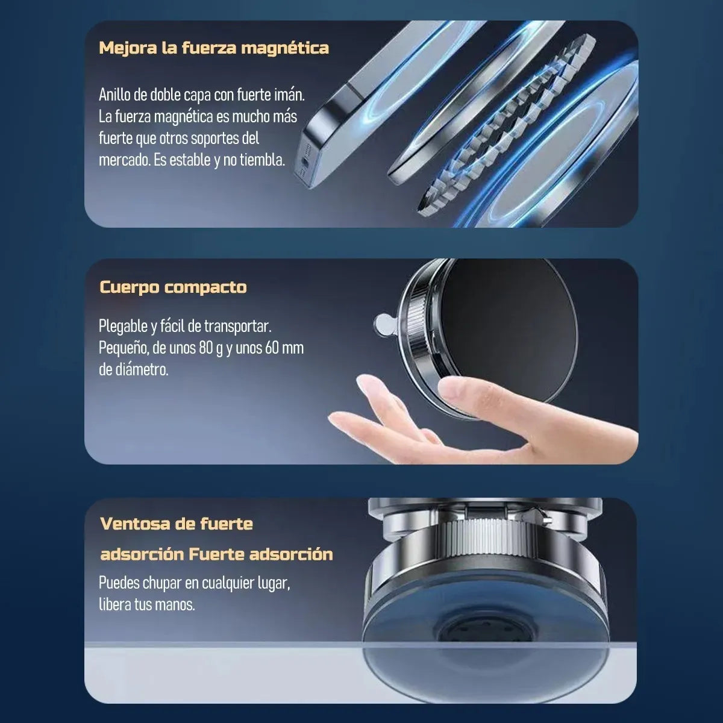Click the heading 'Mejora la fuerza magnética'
click(x=214, y=48)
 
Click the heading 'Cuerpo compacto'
click(x=173, y=287)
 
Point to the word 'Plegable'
click(x=123, y=327)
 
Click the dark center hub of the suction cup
click(x=470, y=633)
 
